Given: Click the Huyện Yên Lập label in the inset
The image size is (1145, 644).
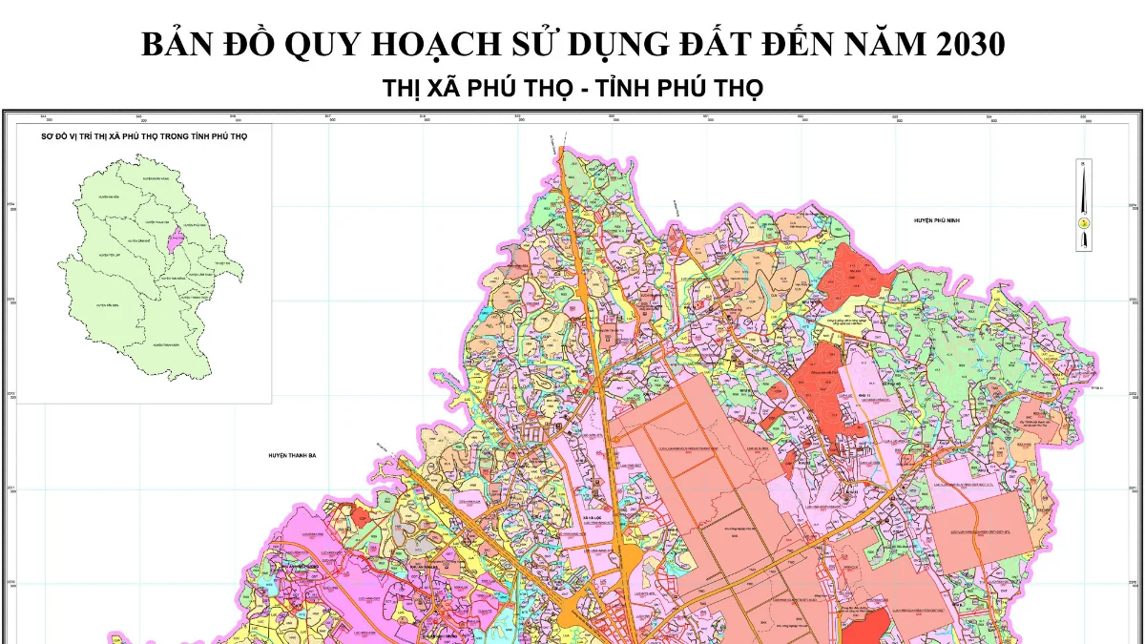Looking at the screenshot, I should click(x=105, y=256).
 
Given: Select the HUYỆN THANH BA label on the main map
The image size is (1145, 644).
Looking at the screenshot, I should click(x=292, y=456).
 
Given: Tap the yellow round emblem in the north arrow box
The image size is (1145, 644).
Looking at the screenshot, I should click(x=1085, y=221).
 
